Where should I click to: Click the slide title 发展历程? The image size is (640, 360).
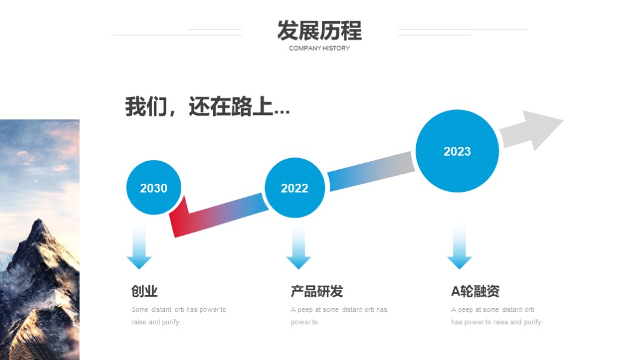[319, 31]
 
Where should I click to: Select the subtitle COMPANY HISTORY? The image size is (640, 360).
[319, 48]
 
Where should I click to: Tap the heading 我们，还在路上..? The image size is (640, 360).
[207, 106]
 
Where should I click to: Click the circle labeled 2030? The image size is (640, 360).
[154, 187]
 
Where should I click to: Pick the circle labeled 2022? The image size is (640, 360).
[295, 187]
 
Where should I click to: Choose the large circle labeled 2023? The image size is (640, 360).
[457, 151]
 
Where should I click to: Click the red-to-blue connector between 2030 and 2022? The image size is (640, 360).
[218, 216]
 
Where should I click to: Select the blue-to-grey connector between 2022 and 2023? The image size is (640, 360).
[371, 171]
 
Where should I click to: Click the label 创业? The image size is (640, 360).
[144, 291]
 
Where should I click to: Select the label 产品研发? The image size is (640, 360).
[317, 291]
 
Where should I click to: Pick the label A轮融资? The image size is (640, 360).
[475, 291]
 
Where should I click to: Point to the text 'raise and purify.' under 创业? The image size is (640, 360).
[156, 322]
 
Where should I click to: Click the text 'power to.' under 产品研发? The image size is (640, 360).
[305, 322]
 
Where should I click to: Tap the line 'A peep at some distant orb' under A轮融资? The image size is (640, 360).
[492, 309]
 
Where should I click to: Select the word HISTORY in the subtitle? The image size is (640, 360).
[336, 48]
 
